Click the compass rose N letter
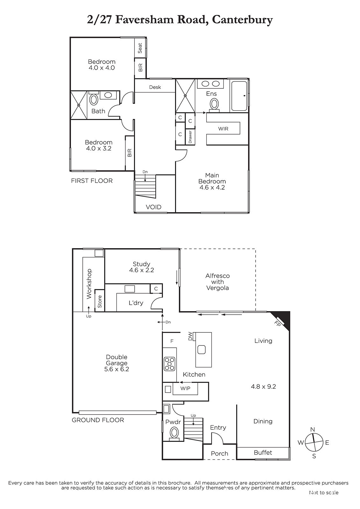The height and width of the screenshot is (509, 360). [313, 429]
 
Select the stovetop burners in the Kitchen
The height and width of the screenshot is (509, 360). [169, 364]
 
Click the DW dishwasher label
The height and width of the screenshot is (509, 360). [190, 336]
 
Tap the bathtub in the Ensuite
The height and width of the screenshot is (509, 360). [239, 96]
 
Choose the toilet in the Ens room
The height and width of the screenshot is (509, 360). [214, 105]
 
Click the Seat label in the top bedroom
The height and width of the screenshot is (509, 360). [140, 48]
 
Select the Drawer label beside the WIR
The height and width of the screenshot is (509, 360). [190, 137]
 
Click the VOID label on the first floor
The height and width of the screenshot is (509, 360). [153, 207]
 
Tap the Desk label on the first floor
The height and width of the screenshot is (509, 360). [155, 87]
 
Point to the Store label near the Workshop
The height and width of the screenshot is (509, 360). [100, 302]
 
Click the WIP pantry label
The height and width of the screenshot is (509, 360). [185, 388]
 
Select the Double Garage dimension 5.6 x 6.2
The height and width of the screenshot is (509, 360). [116, 369]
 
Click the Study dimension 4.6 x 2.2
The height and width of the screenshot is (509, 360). [141, 270]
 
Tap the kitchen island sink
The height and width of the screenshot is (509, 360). [201, 350]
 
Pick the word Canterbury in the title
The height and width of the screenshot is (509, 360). [242, 20]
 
